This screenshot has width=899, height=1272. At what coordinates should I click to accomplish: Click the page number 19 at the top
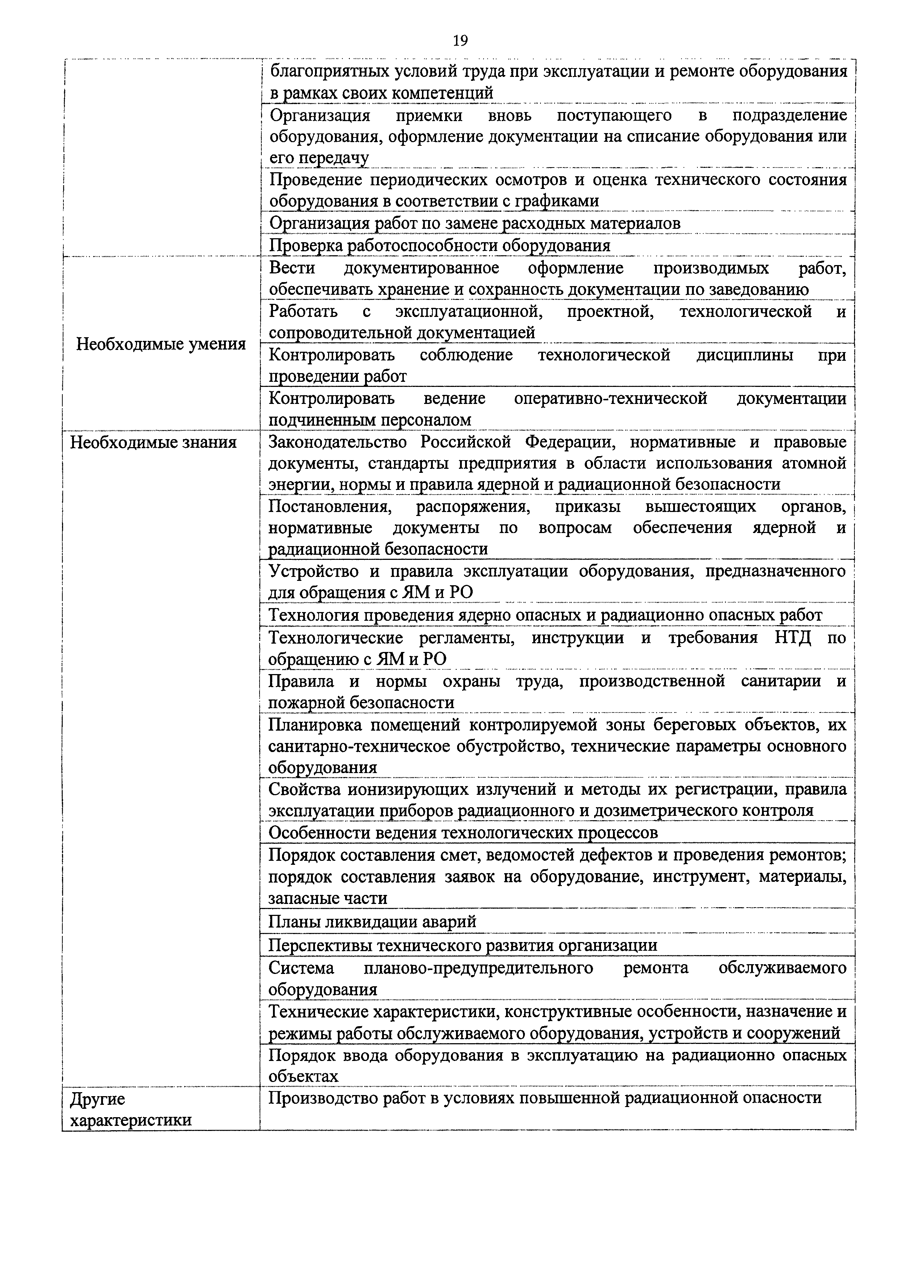[460, 41]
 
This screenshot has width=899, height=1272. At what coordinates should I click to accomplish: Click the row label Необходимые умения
[161, 344]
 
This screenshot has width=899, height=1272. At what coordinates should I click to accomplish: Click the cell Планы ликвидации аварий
[372, 921]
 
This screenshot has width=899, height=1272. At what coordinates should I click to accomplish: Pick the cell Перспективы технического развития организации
[463, 945]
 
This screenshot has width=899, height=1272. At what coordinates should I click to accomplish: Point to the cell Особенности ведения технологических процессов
[463, 833]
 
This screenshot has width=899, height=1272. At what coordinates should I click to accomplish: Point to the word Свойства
[302, 789]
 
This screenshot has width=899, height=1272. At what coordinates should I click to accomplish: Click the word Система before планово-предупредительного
[301, 968]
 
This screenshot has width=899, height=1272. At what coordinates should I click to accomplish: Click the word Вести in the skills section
[292, 268]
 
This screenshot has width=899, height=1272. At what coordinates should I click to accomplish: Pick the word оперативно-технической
[610, 398]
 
